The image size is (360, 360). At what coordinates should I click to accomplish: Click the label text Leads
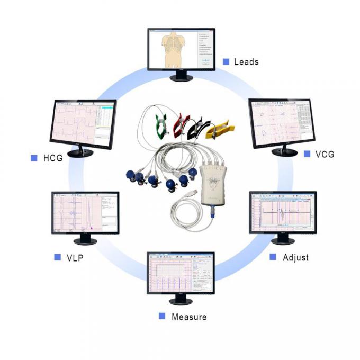tap(246, 62)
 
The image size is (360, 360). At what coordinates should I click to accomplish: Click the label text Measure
tap(189, 317)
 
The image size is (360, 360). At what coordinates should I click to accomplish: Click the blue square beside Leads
tap(226, 62)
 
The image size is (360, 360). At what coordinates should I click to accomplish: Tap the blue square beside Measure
tap(162, 316)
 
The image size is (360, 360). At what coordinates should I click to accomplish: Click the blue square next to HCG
tap(34, 158)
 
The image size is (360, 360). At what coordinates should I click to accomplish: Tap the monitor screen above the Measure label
tap(180, 274)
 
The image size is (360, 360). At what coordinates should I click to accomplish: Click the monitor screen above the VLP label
tap(85, 212)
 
